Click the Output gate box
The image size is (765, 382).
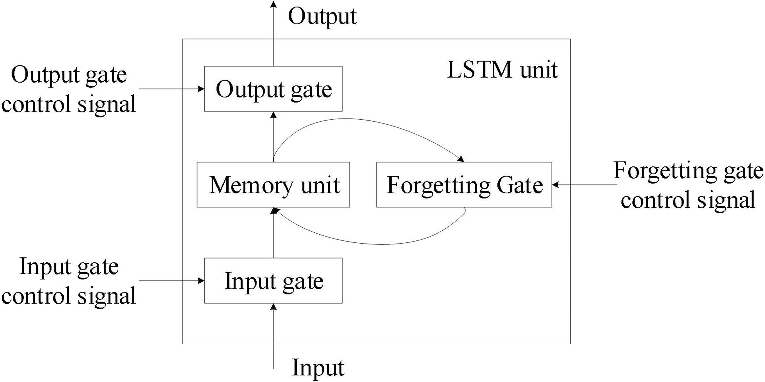pyautogui.click(x=273, y=89)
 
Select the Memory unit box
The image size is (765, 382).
pyautogui.click(x=273, y=185)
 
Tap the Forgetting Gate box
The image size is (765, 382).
pyautogui.click(x=464, y=185)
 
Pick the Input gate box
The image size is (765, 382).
pyautogui.click(x=273, y=281)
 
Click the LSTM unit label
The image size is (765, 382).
pyautogui.click(x=502, y=70)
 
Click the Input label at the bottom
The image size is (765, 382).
pyautogui.click(x=318, y=368)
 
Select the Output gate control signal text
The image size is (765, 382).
pyautogui.click(x=69, y=89)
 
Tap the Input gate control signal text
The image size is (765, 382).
pyautogui.click(x=69, y=281)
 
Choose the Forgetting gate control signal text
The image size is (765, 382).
pyautogui.click(x=688, y=185)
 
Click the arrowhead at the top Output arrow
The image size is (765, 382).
pyautogui.click(x=273, y=4)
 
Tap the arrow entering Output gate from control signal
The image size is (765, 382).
pyautogui.click(x=171, y=89)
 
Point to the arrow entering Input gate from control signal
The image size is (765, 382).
pyautogui.click(x=171, y=281)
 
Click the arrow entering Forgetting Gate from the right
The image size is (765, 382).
pyautogui.click(x=584, y=185)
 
